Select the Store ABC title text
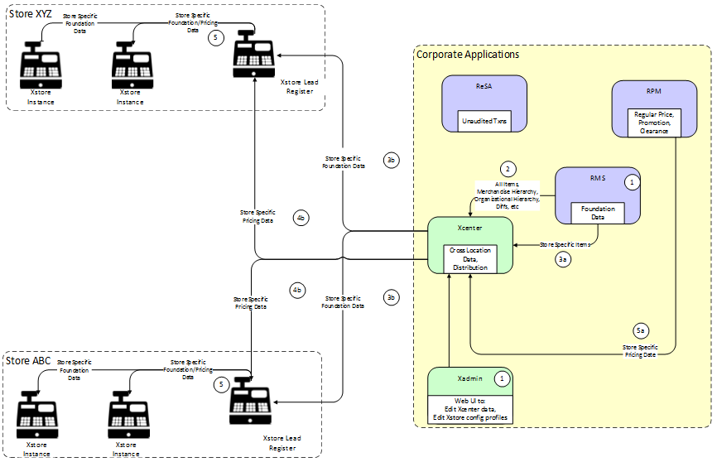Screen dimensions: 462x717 coord(29,361)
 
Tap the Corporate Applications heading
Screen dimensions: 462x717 coord(467,55)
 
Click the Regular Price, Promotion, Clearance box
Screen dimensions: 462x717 coord(653,123)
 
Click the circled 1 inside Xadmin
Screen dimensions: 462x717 coord(502,378)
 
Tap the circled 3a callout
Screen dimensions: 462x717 coord(563,259)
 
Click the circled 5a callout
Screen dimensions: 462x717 coord(640,329)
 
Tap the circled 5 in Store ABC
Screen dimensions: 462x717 coord(220,384)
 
